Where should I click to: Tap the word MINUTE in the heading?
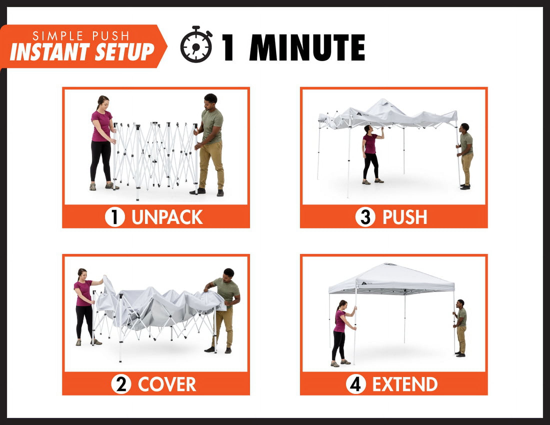[x=307, y=47]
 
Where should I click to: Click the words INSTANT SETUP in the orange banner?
[x=82, y=52]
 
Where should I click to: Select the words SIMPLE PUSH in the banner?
[x=81, y=36]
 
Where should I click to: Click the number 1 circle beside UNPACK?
[x=115, y=217]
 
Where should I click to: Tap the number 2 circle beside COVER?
[x=121, y=384]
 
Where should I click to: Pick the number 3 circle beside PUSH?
[x=365, y=217]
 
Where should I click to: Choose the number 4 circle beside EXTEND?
[x=356, y=384]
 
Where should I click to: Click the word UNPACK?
[x=167, y=217]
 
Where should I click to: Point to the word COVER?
[x=167, y=384]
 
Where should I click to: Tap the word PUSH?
[x=405, y=217]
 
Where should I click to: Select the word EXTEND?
[x=405, y=384]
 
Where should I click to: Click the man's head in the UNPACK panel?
[x=210, y=101]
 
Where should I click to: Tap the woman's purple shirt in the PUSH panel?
[x=370, y=143]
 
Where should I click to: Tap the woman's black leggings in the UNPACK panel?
[x=101, y=160]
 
